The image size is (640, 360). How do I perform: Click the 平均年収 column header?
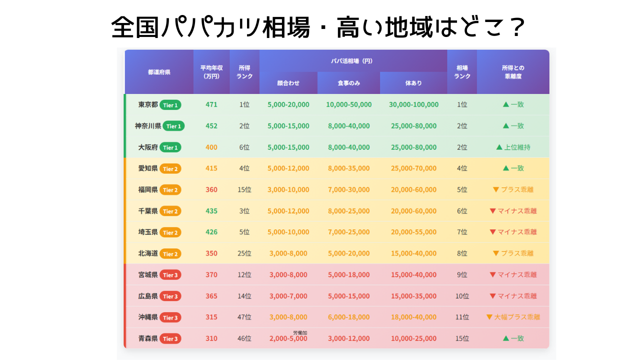tap(211, 72)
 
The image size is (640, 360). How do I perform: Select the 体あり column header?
tap(413, 83)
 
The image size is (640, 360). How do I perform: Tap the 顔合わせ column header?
tap(288, 83)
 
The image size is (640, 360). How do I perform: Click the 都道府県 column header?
tap(159, 72)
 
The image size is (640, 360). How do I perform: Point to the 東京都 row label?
tap(148, 104)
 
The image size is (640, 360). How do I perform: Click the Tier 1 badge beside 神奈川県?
tap(173, 126)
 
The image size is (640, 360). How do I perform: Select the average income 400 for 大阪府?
tap(211, 147)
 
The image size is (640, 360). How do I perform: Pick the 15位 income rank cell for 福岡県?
tap(244, 190)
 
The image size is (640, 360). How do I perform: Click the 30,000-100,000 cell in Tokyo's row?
tap(413, 104)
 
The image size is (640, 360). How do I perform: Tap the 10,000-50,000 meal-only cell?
tap(348, 104)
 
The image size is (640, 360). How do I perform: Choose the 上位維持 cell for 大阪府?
tap(513, 147)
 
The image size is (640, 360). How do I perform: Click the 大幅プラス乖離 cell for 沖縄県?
tap(513, 317)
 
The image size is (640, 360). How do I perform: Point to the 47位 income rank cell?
tap(244, 317)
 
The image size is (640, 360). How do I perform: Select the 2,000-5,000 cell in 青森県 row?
tap(288, 338)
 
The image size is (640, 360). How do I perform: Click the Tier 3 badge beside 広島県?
tap(170, 296)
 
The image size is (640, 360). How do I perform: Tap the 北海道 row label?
tap(148, 253)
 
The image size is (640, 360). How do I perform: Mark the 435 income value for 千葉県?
tap(211, 211)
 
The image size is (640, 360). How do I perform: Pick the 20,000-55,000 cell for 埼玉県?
tap(413, 232)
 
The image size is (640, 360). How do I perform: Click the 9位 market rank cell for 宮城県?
tap(462, 274)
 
